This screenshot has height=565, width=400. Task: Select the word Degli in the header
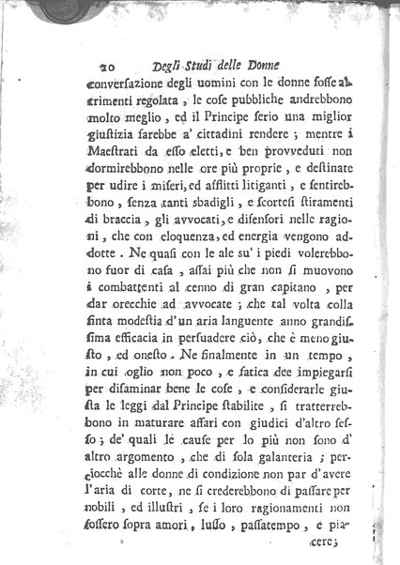pos(172,66)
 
